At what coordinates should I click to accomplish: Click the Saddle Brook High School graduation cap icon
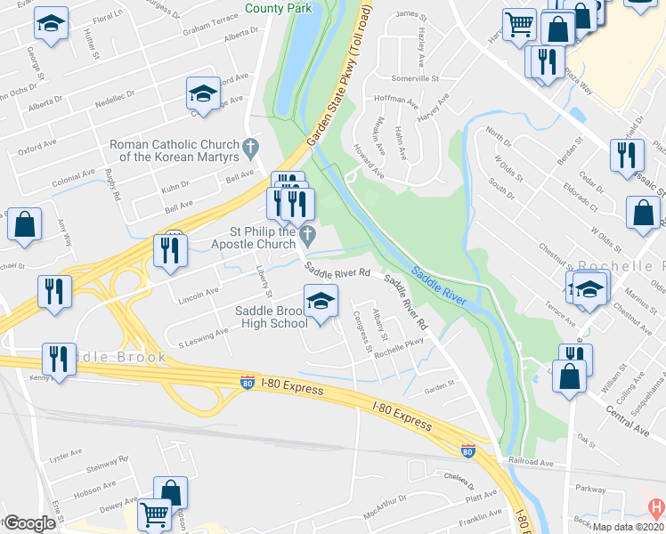[321, 299]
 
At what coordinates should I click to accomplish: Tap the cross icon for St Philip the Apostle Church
[308, 235]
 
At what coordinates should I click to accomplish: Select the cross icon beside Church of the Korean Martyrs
[251, 145]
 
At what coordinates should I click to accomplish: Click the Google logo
[28, 523]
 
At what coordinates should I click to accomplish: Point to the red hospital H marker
[655, 507]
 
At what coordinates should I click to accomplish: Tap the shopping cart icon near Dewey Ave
[154, 514]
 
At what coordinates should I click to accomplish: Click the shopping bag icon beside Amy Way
[24, 226]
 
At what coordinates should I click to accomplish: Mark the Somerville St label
[416, 78]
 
